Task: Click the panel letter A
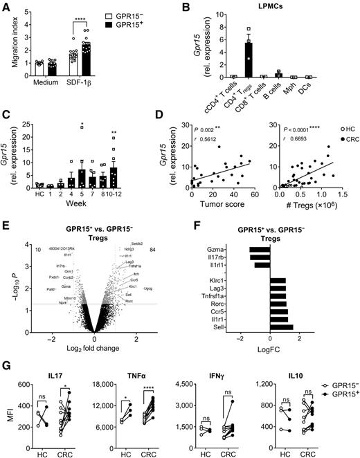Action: tap(6, 7)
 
